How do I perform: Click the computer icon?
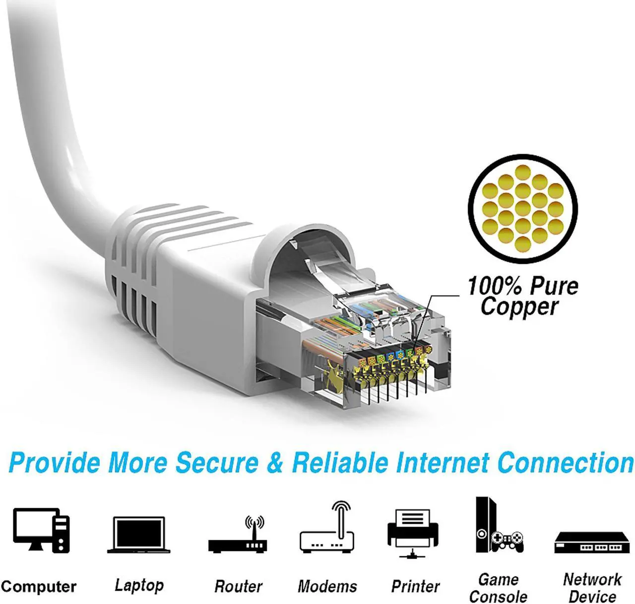click(41, 530)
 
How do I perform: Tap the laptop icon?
click(139, 535)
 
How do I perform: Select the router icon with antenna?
click(238, 538)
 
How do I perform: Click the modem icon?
click(327, 531)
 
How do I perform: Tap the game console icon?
click(498, 526)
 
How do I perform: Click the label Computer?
click(39, 587)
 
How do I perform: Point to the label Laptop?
click(139, 585)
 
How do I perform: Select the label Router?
click(238, 587)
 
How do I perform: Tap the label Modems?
click(327, 587)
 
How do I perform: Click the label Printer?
click(415, 587)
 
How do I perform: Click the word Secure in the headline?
click(217, 462)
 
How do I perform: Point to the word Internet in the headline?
click(443, 462)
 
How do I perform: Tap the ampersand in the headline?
click(275, 462)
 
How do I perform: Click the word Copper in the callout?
click(519, 306)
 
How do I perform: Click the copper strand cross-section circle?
click(523, 208)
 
